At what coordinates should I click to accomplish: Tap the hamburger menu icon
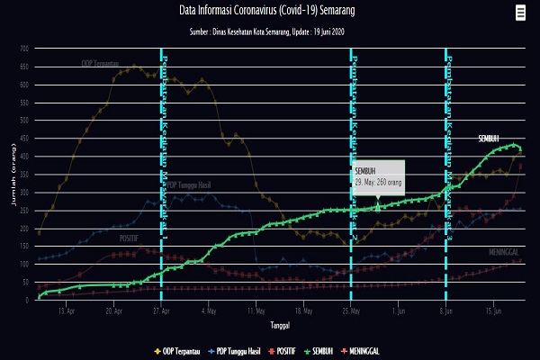(x=521, y=13)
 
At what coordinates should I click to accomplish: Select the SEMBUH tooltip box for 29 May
(x=378, y=175)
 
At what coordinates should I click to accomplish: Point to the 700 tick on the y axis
(x=25, y=49)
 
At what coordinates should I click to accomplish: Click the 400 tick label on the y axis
(x=25, y=157)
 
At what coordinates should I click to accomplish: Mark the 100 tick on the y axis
(x=25, y=265)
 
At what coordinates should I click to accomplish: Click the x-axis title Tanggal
(x=280, y=325)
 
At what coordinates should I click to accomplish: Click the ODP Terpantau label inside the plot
(x=100, y=64)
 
